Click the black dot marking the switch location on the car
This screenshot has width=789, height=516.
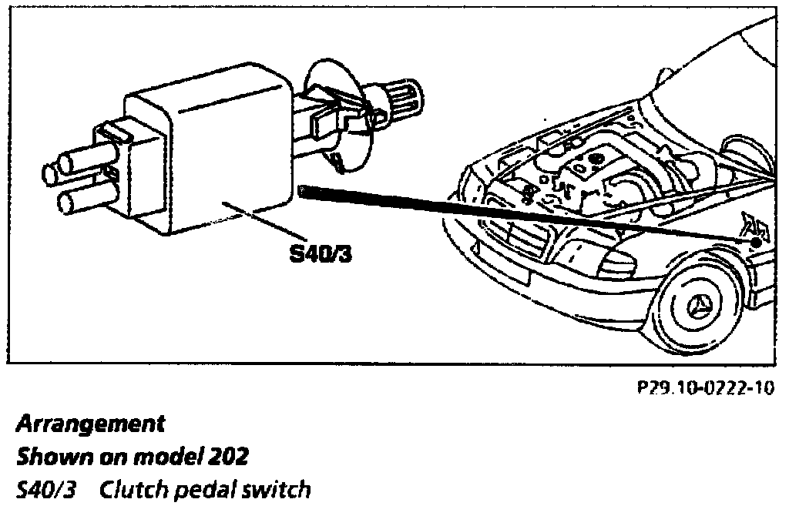pos(756,241)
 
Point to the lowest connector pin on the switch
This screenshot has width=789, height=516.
pos(77,203)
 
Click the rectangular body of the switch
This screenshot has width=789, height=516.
pos(216,154)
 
